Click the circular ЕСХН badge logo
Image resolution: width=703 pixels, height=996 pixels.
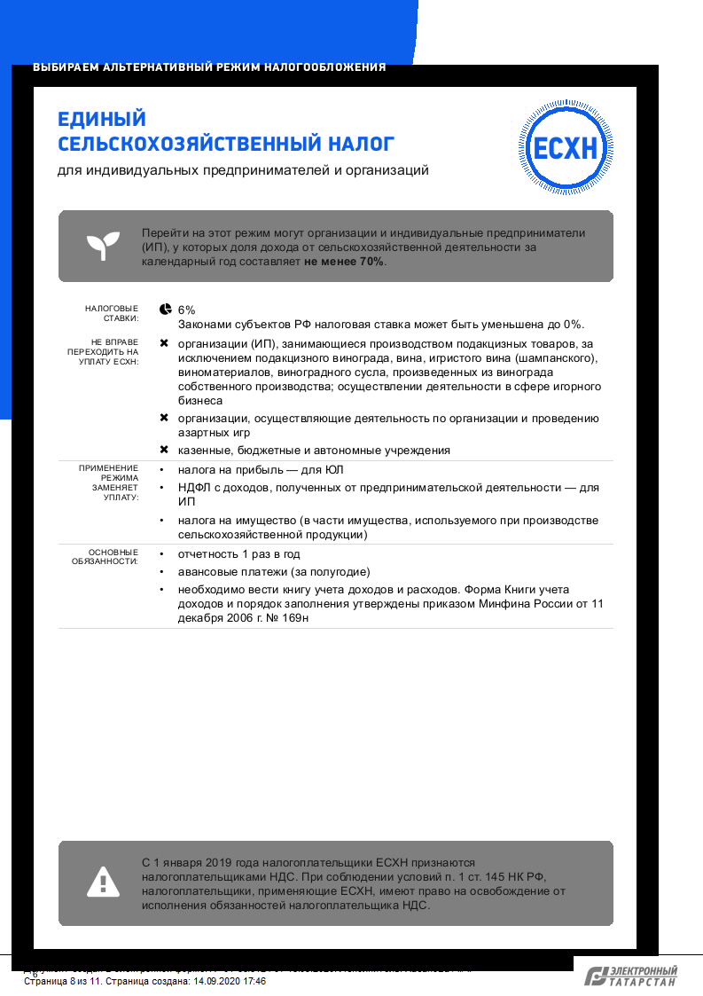click(x=565, y=147)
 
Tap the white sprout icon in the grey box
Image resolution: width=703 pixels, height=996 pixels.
click(x=103, y=246)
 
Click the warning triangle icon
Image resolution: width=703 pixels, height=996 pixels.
click(x=103, y=882)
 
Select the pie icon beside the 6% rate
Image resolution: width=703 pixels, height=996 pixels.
click(x=165, y=309)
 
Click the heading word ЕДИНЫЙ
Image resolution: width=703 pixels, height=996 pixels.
click(x=101, y=120)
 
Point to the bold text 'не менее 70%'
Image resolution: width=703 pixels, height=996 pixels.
click(x=345, y=263)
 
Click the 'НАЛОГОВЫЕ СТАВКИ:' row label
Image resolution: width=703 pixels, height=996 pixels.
click(x=112, y=312)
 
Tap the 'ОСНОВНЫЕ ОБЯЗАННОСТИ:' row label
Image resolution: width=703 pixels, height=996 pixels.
click(x=106, y=556)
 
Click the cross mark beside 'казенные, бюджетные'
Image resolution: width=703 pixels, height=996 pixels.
click(x=164, y=450)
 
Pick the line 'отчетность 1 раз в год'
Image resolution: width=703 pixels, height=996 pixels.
click(x=238, y=554)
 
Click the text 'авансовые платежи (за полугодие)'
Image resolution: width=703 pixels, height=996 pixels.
click(x=274, y=572)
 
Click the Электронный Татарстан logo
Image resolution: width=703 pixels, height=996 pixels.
click(x=631, y=976)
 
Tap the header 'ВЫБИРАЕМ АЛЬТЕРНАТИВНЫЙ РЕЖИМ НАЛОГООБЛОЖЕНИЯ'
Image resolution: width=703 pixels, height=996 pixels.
click(x=209, y=67)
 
